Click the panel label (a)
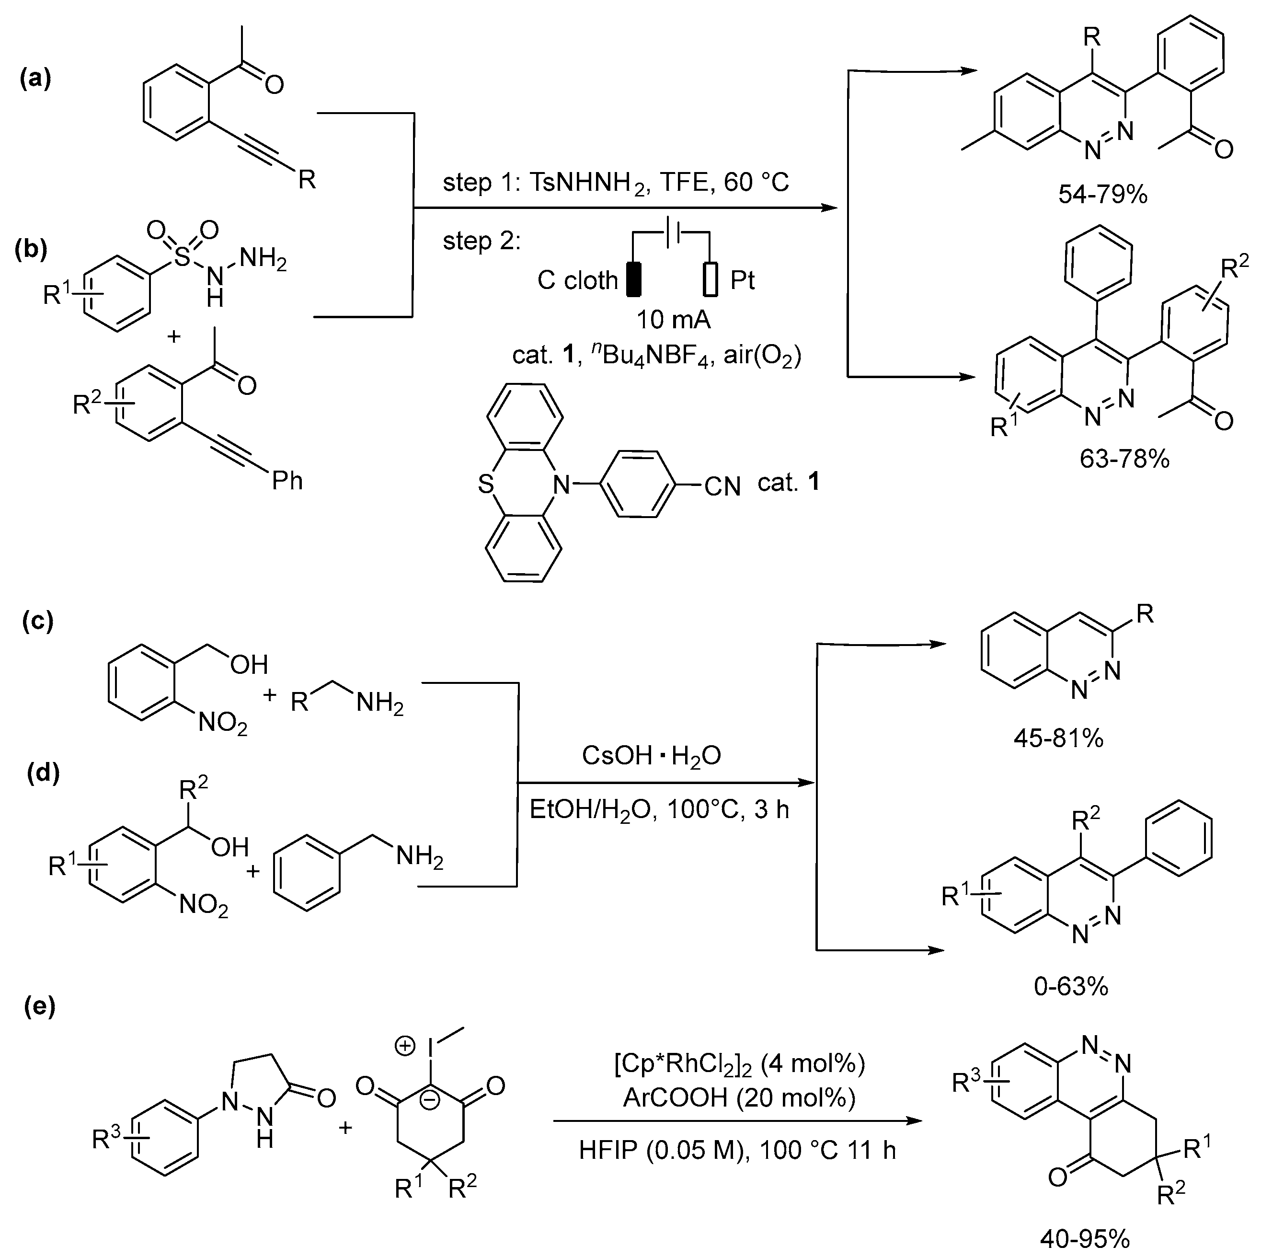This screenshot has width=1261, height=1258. tap(35, 79)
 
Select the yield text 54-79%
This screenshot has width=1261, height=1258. tap(1102, 194)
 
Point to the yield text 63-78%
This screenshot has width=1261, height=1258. tap(1124, 459)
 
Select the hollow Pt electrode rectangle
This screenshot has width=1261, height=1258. tap(710, 279)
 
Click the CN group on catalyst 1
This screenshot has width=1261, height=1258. tap(722, 486)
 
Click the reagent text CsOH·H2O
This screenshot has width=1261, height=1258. tap(651, 756)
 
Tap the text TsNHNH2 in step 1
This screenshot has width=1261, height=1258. tap(588, 182)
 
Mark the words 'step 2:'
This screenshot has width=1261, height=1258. tap(481, 241)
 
